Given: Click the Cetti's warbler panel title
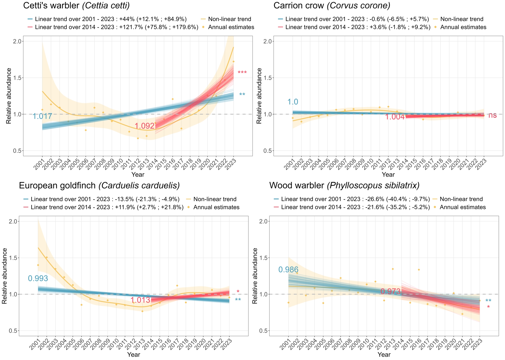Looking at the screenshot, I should [76, 6].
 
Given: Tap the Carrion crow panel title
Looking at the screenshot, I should [332, 6].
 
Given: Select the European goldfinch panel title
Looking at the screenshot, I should [99, 186].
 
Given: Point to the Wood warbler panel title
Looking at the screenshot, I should [344, 186].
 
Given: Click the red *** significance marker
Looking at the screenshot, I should [242, 73].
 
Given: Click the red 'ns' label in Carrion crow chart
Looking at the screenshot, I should [492, 115].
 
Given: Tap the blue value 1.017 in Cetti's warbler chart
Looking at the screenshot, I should [42, 116].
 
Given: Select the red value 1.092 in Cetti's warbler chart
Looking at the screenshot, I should [144, 126].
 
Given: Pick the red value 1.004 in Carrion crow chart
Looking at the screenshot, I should [395, 117].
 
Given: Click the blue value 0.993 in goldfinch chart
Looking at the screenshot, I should [38, 278].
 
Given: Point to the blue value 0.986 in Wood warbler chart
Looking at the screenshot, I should [288, 270].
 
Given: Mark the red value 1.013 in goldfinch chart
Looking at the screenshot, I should [140, 300].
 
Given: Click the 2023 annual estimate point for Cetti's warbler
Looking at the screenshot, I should [233, 61].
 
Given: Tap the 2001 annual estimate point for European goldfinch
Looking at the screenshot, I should [38, 265].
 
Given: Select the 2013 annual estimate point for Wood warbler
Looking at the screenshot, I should [393, 269].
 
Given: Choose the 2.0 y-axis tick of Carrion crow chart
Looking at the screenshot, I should [267, 41].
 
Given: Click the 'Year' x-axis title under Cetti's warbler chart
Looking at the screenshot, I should [138, 174].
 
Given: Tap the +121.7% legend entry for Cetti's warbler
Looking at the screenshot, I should [117, 27].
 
